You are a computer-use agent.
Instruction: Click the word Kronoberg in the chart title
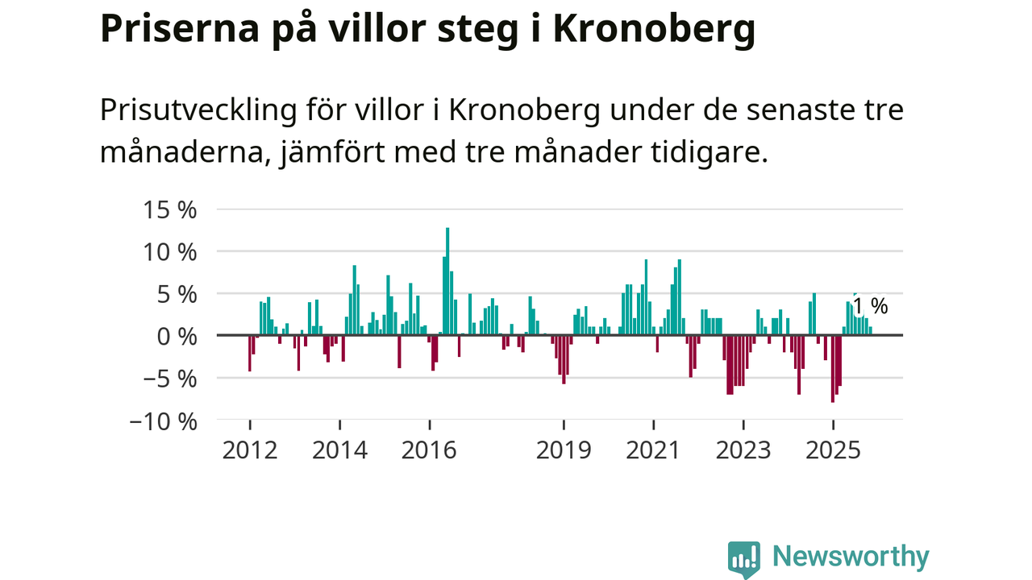(x=654, y=29)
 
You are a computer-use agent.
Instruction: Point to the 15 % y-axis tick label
(x=170, y=210)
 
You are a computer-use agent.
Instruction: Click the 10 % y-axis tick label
(x=170, y=252)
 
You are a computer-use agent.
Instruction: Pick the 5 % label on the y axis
(x=177, y=294)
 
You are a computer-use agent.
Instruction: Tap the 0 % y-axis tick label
(x=177, y=336)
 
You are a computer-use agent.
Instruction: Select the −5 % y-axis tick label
(x=169, y=378)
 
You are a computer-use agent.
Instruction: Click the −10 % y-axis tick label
(x=163, y=420)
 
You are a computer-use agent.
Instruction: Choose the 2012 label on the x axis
(x=250, y=449)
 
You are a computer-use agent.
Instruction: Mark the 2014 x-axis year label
(x=339, y=449)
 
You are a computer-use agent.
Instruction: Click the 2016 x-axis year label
(x=429, y=449)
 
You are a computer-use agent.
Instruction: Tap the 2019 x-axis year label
(x=564, y=449)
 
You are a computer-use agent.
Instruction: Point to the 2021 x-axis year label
(x=653, y=449)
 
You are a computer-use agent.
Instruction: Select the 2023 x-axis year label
(x=743, y=449)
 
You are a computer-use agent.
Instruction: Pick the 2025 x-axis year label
(x=833, y=449)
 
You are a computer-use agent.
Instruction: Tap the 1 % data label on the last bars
(x=870, y=306)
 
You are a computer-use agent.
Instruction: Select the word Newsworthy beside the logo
(x=851, y=557)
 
